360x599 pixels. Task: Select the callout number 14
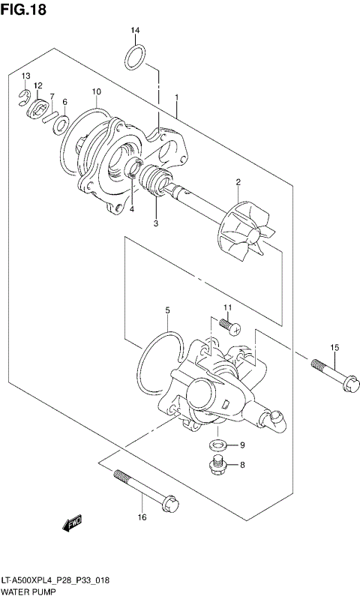pyautogui.click(x=135, y=30)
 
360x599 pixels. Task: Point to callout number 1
pyautogui.click(x=176, y=98)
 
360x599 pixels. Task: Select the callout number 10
pyautogui.click(x=96, y=92)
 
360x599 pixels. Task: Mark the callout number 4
pyautogui.click(x=131, y=209)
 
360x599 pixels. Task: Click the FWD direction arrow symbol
pyautogui.click(x=72, y=524)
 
